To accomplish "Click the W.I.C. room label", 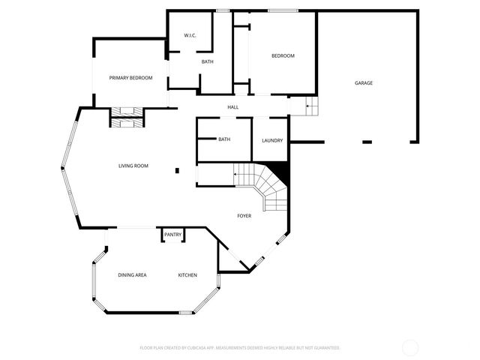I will tap(190, 36).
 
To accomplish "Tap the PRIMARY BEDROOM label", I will tap(130, 78).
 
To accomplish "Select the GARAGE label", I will tap(364, 83).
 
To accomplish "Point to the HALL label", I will tap(233, 107).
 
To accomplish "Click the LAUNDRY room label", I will tap(271, 140).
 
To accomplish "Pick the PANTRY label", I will tap(172, 235).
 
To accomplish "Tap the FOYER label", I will tap(244, 216).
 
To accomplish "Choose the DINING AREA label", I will tap(132, 275).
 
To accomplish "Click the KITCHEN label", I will tap(187, 275).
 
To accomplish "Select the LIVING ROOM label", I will tap(133, 166).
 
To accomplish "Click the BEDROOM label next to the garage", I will tap(283, 55).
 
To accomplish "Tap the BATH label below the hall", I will tap(224, 139).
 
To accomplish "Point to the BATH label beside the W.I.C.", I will tap(208, 61).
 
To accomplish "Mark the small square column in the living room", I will tap(177, 170).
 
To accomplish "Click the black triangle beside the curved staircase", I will tap(281, 172).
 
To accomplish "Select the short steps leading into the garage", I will tap(312, 107).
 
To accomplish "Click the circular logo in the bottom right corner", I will tap(410, 347).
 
